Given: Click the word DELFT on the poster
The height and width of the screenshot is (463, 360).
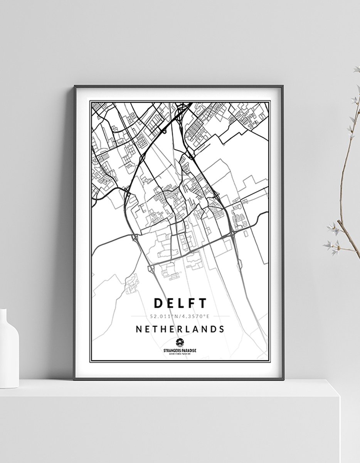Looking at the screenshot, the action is coord(180,303).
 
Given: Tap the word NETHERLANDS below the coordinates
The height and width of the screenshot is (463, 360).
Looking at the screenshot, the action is coord(180,329).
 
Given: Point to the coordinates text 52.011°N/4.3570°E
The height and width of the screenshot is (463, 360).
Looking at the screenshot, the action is coord(180,316).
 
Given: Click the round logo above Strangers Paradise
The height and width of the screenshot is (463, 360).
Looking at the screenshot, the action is coord(180,342).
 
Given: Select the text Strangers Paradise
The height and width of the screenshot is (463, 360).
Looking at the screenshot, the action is coord(180,350).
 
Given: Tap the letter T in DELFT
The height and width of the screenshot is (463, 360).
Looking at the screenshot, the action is coord(202,303).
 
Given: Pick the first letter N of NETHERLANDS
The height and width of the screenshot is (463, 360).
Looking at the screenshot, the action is coord(138,329).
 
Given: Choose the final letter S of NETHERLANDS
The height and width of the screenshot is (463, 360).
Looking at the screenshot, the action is coord(222,329).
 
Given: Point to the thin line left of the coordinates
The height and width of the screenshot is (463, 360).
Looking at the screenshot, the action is coord(141,316).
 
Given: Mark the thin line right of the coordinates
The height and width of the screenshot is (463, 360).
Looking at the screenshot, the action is coord(220,316).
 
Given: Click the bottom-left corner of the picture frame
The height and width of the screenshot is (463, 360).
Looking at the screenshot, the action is coord(75,379).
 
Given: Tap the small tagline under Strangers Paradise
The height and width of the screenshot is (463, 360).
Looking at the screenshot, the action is coord(180,353).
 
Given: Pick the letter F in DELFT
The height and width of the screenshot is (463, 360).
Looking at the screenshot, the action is coord(192,303).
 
